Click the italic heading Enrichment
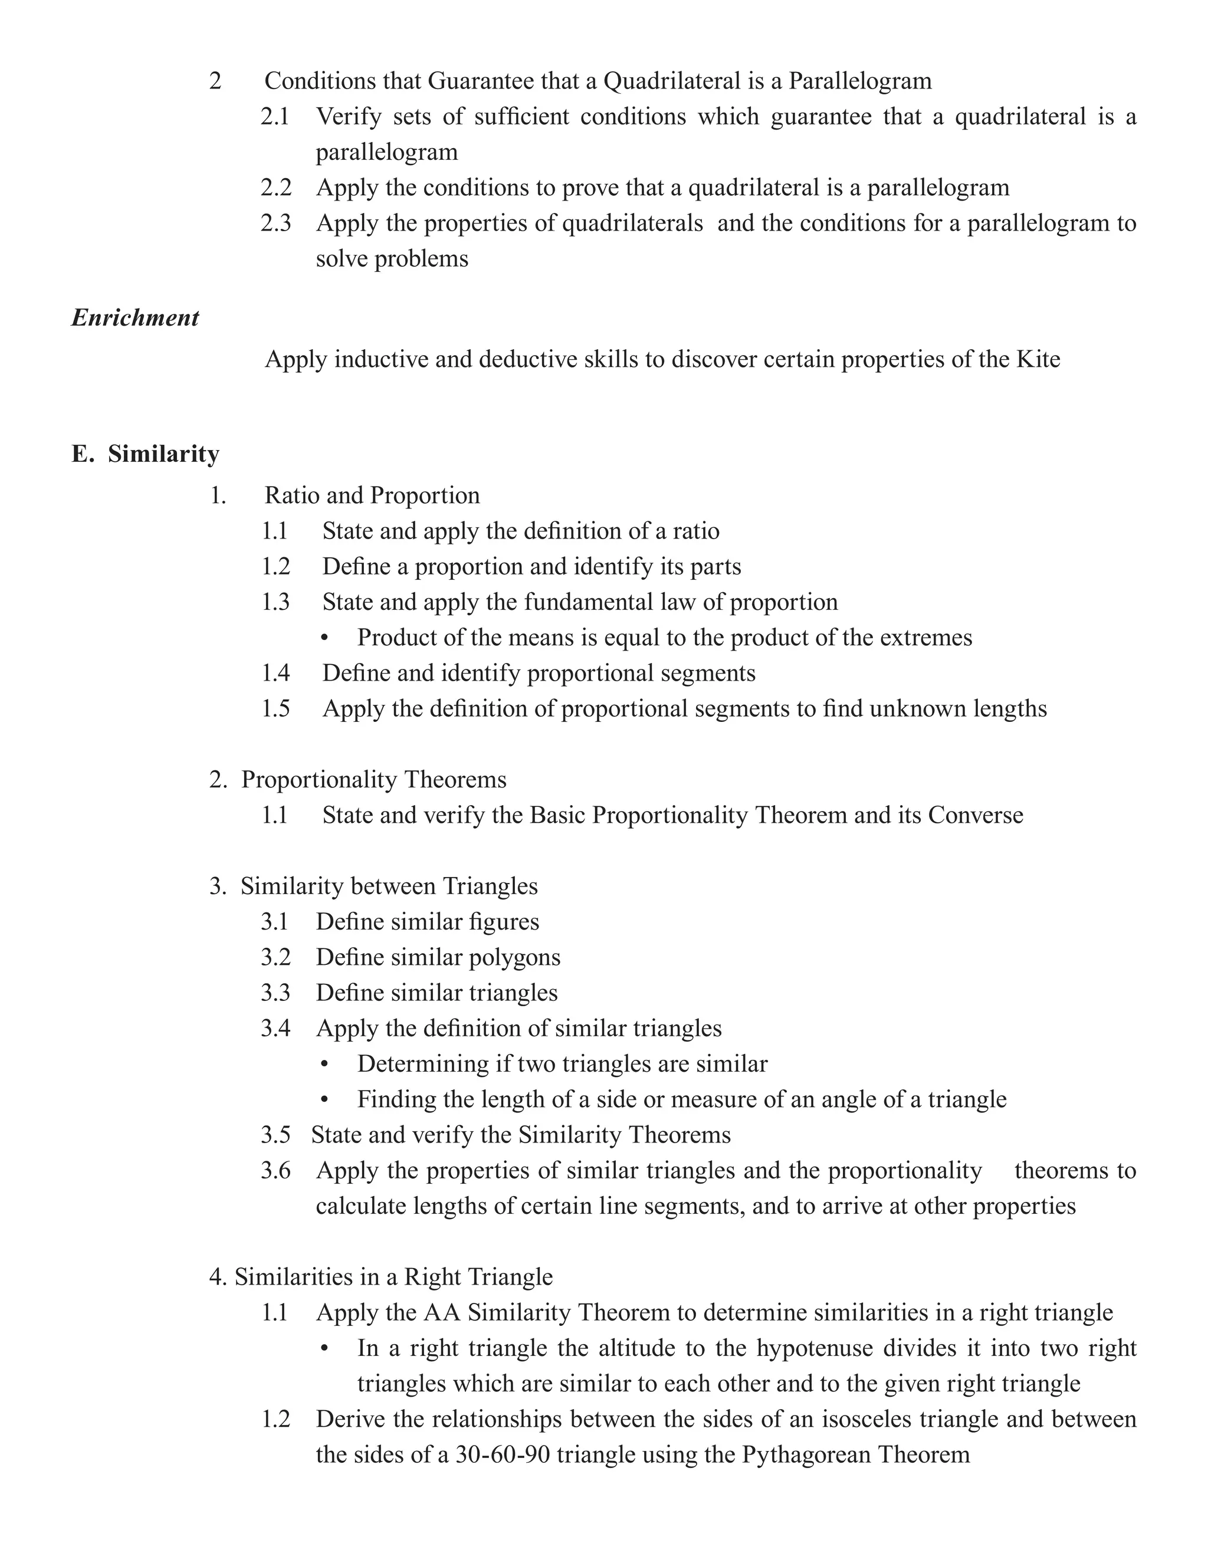point(134,318)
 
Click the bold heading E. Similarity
point(145,454)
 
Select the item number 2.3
point(275,224)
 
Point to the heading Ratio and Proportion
point(372,495)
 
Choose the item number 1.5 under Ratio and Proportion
point(275,708)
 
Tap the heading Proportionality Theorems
point(373,779)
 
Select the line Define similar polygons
point(438,957)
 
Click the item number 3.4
point(275,1029)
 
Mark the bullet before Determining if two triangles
point(325,1065)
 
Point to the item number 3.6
point(275,1171)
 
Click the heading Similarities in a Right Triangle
point(393,1277)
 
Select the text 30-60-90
point(503,1455)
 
